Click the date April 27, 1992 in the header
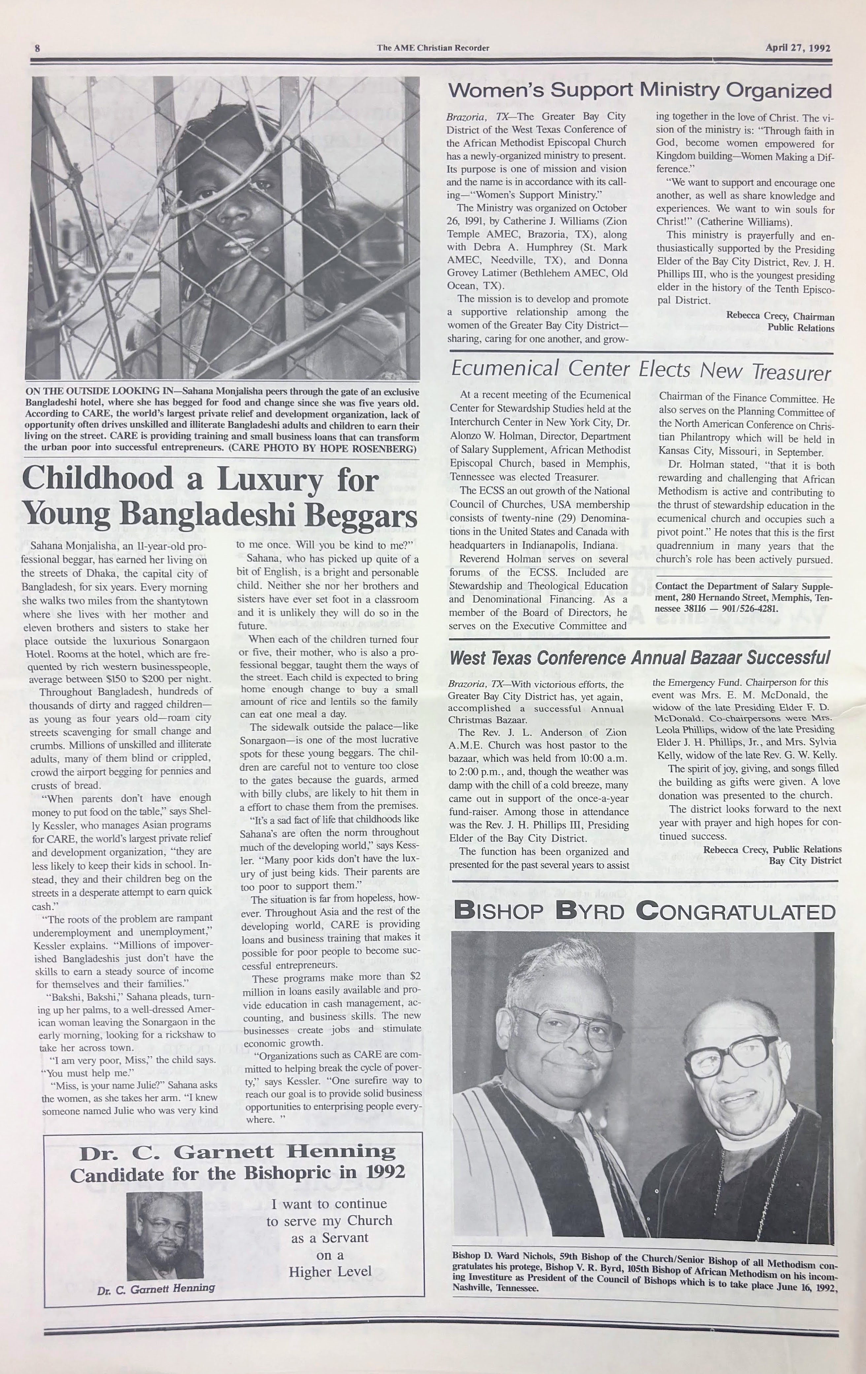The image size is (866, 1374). pyautogui.click(x=797, y=48)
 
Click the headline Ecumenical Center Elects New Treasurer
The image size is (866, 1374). pyautogui.click(x=641, y=371)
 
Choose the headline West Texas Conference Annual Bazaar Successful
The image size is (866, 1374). pyautogui.click(x=640, y=657)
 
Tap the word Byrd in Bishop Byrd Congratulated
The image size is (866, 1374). pyautogui.click(x=593, y=911)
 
